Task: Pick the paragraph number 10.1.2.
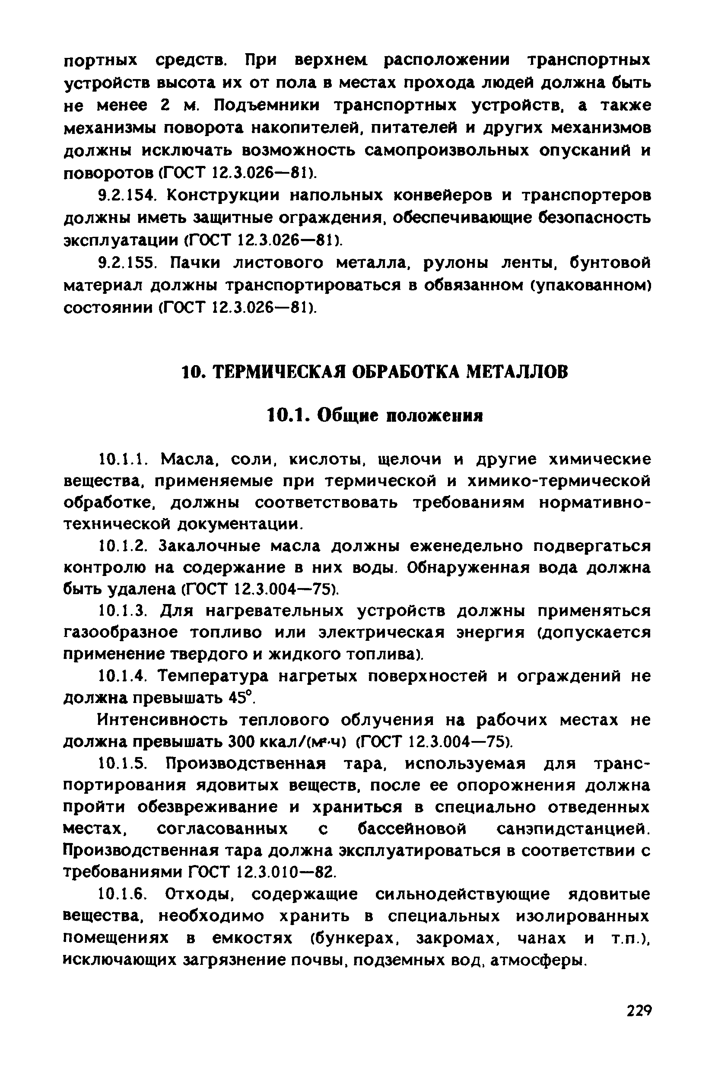click(x=122, y=545)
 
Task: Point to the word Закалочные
click(x=216, y=545)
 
